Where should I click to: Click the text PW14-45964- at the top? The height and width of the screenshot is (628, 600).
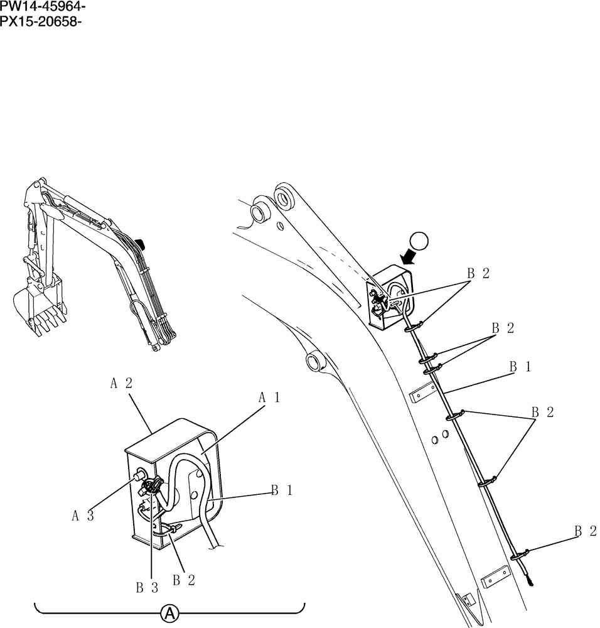[x=43, y=7]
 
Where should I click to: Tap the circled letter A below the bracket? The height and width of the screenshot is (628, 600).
[x=169, y=613]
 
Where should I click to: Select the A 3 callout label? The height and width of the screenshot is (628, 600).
[x=82, y=516]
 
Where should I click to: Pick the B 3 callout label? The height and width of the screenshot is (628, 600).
[x=146, y=588]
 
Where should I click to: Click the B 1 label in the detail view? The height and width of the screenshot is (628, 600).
[x=282, y=491]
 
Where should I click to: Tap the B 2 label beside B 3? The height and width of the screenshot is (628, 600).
[x=183, y=580]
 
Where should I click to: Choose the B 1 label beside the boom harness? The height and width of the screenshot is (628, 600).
[x=520, y=367]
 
